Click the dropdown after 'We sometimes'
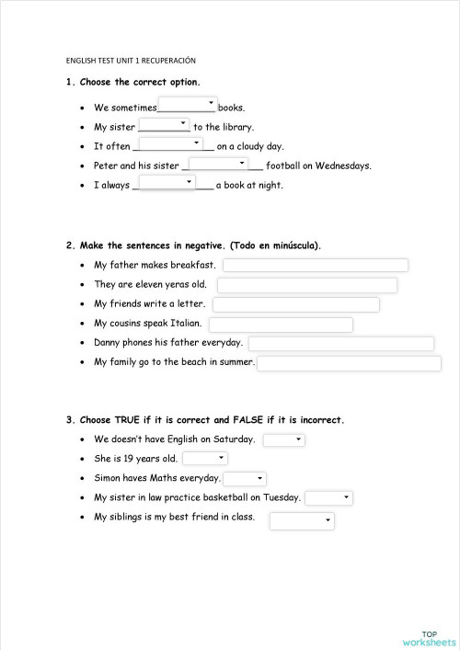188,104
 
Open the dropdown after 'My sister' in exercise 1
164,124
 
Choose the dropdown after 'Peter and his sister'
218,164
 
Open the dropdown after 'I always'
167,183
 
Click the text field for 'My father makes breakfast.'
316,266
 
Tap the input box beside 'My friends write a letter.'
296,304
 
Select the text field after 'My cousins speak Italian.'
282,325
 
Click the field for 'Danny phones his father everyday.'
341,344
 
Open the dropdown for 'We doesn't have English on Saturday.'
284,440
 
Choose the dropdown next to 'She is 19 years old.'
205,459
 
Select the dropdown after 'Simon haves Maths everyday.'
246,479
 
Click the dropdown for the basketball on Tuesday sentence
329,498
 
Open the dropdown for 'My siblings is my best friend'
302,521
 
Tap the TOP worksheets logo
429,637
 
